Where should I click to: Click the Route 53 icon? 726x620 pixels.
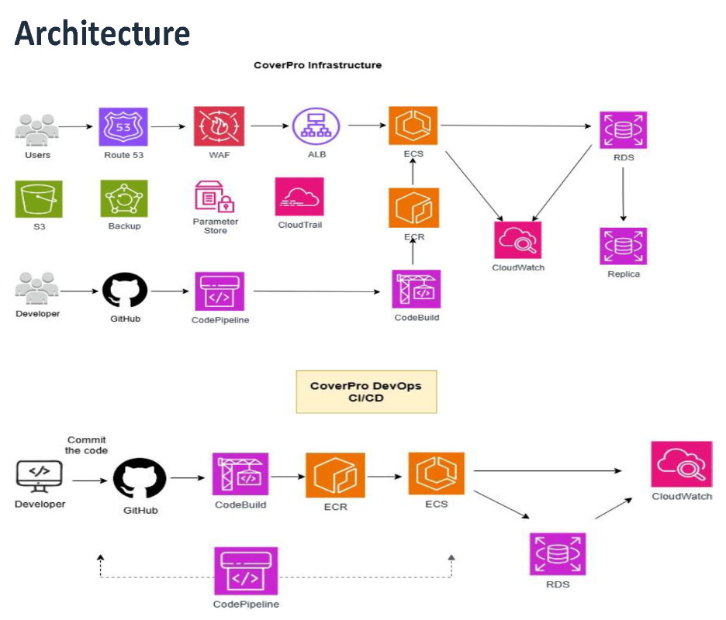[x=123, y=127]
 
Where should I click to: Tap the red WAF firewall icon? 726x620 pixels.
[x=218, y=127]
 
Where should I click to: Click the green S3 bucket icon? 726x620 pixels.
[x=38, y=199]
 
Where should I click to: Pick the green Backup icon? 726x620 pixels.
[x=124, y=199]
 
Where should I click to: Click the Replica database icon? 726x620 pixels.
[x=623, y=246]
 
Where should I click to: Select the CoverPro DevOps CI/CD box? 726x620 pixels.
[x=366, y=391]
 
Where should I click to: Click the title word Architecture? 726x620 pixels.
[x=102, y=33]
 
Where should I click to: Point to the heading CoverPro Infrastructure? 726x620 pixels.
[x=317, y=65]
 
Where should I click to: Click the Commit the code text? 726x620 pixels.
[x=86, y=445]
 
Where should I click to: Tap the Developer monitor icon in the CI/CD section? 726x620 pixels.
[x=40, y=476]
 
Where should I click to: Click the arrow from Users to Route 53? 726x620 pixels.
[x=78, y=126]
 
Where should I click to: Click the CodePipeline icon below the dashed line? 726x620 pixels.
[x=246, y=571]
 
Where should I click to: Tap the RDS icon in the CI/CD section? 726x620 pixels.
[x=558, y=554]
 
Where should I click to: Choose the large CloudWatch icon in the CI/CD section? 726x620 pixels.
[x=681, y=464]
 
